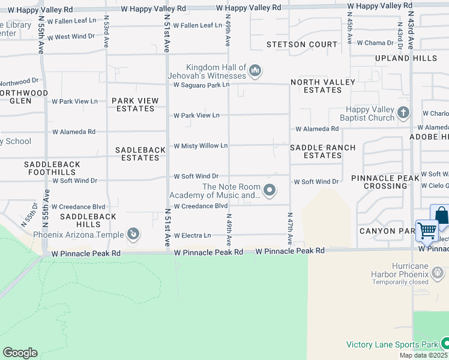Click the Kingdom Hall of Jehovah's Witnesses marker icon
255,71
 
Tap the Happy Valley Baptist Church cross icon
403,112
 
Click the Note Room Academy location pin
270,191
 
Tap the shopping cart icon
427,230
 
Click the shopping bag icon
441,215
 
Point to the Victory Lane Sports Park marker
445,344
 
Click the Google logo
20,353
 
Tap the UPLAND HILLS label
406,58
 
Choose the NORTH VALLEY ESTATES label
316,86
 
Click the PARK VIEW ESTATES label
135,105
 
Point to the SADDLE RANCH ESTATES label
322,151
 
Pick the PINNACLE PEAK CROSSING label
385,182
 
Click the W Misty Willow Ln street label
200,146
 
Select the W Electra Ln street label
192,236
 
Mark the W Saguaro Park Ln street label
202,85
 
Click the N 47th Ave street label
289,229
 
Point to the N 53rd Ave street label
106,32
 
